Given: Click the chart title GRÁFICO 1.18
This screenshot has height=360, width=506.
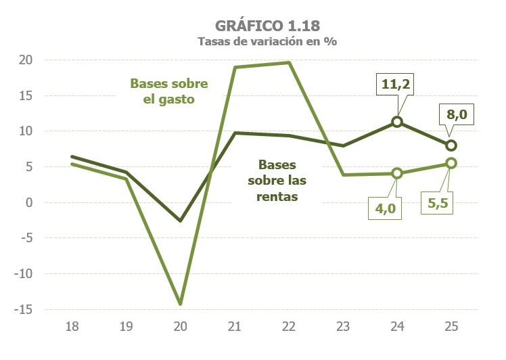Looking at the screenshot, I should click(x=267, y=25).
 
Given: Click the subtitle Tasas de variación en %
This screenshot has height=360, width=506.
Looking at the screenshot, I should click(x=267, y=41).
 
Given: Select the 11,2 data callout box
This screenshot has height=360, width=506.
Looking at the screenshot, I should click(x=396, y=86).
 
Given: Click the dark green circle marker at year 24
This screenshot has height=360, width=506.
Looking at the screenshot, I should click(x=397, y=122).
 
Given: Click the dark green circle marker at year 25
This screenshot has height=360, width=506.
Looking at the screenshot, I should click(x=451, y=145).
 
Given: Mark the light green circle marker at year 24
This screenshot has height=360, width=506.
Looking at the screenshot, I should click(x=397, y=173).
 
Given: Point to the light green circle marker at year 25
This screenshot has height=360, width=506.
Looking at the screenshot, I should click(x=451, y=163).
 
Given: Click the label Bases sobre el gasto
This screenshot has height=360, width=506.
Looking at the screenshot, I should click(x=169, y=91).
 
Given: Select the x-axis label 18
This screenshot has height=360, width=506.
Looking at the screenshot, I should click(x=72, y=326).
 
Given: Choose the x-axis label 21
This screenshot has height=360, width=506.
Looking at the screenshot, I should click(x=234, y=326).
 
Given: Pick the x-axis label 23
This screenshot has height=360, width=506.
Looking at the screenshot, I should click(x=343, y=326).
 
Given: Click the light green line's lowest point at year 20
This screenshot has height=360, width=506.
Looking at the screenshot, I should click(x=181, y=304).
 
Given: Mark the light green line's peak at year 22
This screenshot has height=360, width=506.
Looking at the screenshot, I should click(x=289, y=63).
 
